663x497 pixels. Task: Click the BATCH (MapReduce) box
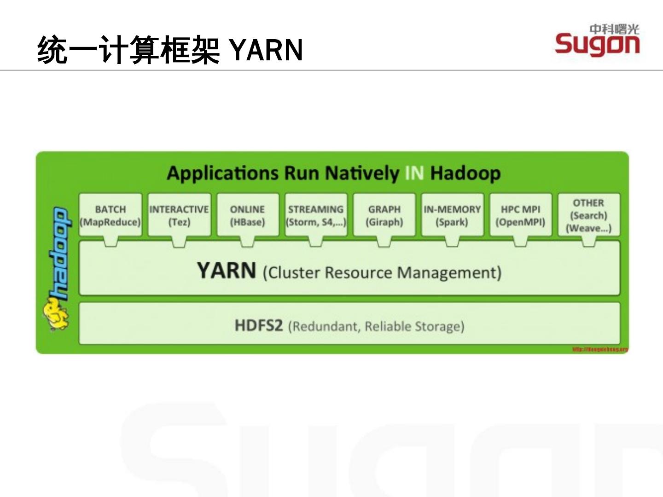pos(110,215)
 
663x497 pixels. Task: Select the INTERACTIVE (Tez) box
pos(179,215)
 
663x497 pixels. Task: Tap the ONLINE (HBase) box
pos(248,215)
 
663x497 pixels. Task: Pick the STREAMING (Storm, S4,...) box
pos(316,215)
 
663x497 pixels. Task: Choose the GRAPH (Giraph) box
pos(384,215)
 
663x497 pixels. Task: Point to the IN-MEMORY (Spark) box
pos(452,215)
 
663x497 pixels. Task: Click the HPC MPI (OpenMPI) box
pos(521,215)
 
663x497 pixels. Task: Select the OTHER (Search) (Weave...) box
pos(589,215)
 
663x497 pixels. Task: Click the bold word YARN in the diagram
pos(227,271)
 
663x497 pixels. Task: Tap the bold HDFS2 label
pos(258,326)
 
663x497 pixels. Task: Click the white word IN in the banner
pos(414,173)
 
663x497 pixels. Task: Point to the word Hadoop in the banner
pos(465,173)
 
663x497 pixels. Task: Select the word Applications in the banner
pos(222,173)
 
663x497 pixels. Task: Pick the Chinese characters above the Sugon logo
pos(615,29)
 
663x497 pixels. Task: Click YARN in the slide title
pos(266,50)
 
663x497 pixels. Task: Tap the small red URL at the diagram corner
pos(600,349)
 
